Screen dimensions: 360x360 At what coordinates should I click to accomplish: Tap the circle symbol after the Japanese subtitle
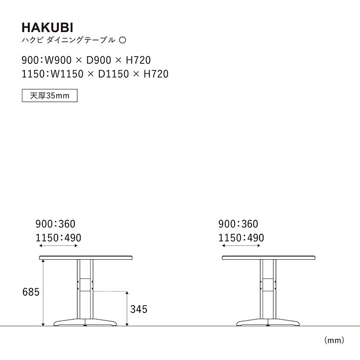pyautogui.click(x=122, y=40)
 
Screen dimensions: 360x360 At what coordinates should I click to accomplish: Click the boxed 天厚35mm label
pyautogui.click(x=50, y=96)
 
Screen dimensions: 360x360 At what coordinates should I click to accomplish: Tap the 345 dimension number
pyautogui.click(x=138, y=309)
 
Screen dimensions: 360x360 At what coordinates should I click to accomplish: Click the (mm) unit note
pyautogui.click(x=335, y=341)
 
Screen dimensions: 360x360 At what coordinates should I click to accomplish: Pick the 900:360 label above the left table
pyautogui.click(x=55, y=224)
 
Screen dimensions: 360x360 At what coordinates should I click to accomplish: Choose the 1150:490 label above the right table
pyautogui.click(x=241, y=238)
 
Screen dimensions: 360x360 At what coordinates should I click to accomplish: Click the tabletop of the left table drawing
pyautogui.click(x=85, y=257)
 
